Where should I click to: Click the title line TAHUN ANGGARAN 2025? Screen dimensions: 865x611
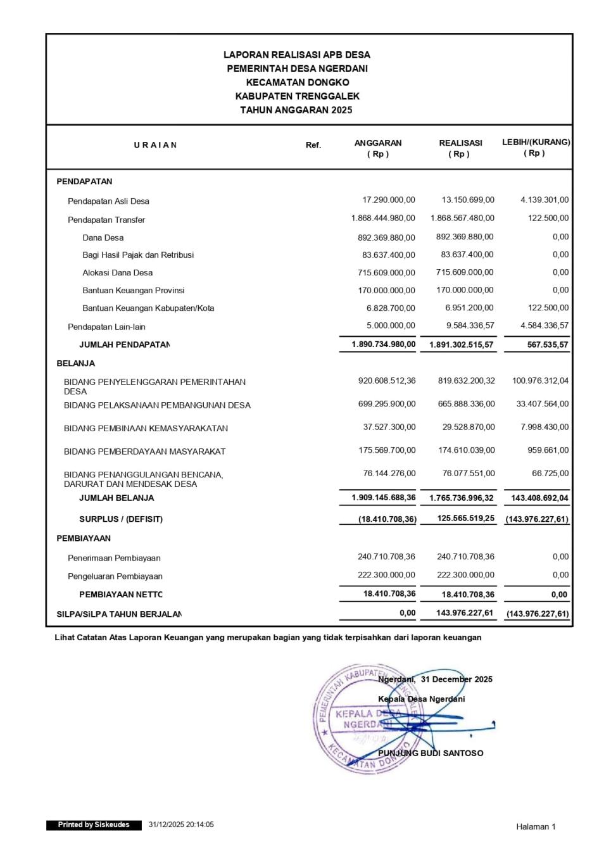click(296, 110)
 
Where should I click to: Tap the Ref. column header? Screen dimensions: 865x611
click(313, 145)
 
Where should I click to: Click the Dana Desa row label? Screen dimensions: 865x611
click(103, 238)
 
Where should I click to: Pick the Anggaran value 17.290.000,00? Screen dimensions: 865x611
click(389, 200)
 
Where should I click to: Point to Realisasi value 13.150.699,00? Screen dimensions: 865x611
click(468, 200)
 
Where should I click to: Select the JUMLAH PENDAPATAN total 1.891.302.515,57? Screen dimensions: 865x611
click(461, 345)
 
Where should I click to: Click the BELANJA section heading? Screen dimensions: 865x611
click(76, 363)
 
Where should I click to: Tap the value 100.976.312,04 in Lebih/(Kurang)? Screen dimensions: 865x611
click(540, 381)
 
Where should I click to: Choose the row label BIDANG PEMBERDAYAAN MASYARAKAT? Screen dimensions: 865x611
click(144, 451)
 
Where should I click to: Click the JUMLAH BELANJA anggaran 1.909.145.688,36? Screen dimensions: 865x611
click(384, 498)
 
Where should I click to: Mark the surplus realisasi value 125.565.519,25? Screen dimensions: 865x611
click(465, 519)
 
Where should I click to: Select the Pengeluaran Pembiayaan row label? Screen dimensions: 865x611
click(115, 576)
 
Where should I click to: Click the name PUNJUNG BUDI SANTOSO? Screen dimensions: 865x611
click(431, 754)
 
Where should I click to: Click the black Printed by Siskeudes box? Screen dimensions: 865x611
click(94, 825)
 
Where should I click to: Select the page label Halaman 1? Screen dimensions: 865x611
click(536, 826)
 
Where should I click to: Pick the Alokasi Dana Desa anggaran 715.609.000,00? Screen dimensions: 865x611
click(386, 273)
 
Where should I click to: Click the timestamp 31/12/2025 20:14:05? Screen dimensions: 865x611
click(181, 825)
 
